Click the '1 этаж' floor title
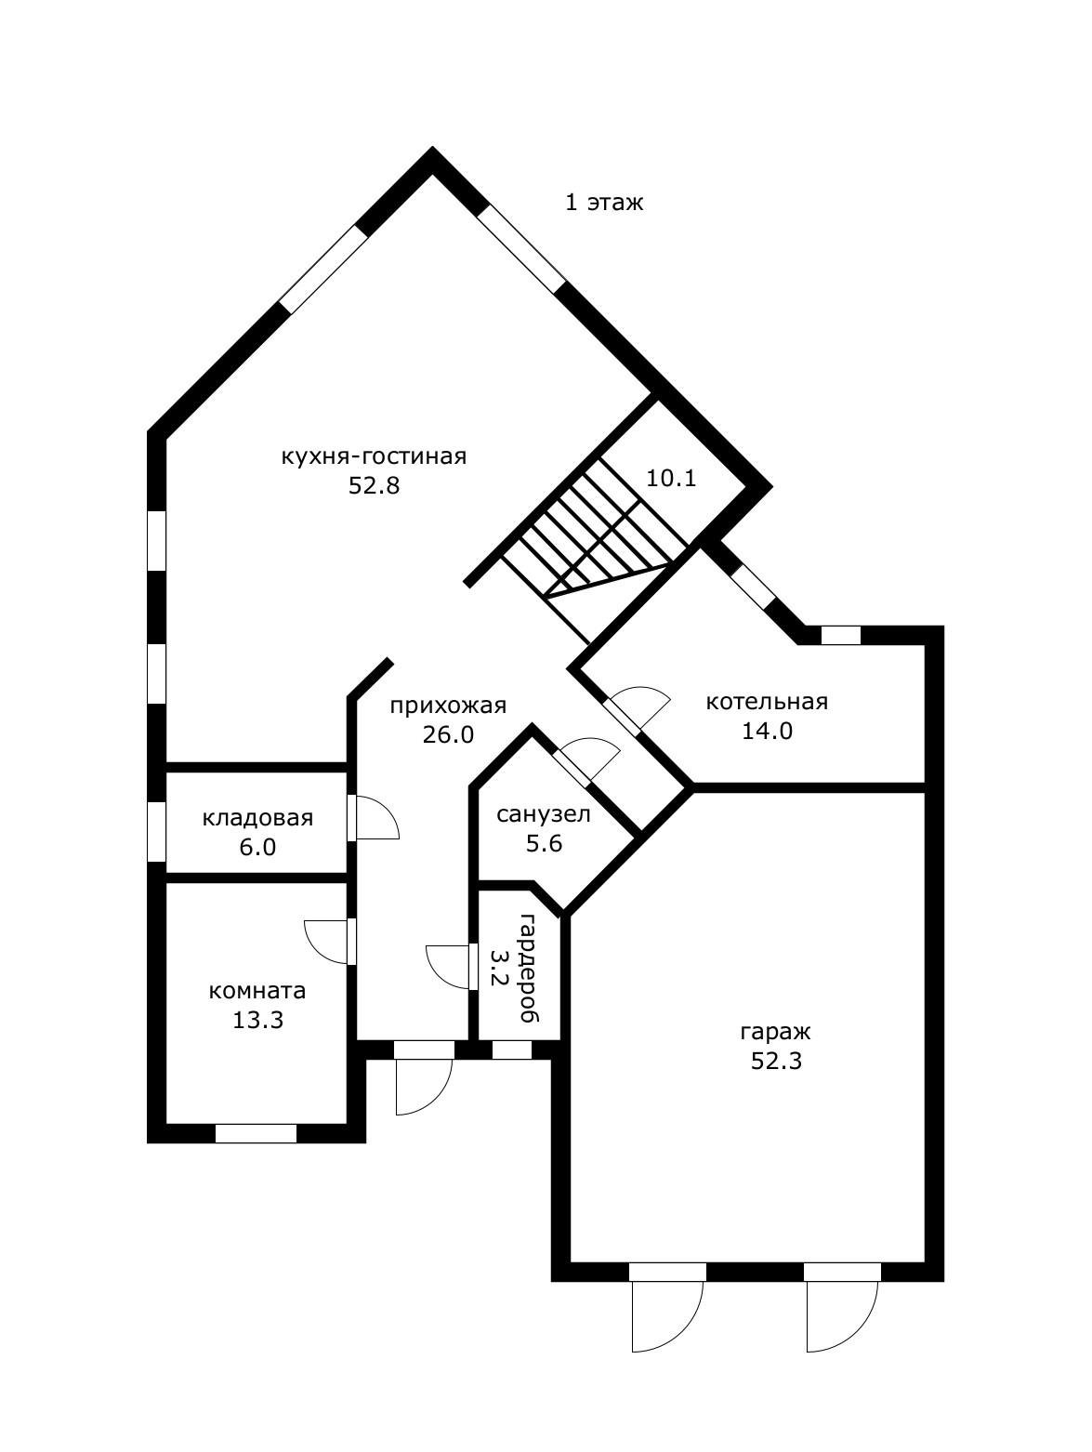604,203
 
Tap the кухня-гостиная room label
375,457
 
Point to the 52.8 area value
375,486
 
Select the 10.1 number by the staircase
671,478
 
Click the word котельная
767,701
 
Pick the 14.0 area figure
768,731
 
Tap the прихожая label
448,706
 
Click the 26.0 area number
449,735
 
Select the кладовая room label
257,818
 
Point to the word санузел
543,814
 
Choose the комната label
257,991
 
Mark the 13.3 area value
257,1020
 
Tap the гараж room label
776,1032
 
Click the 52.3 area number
776,1061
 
